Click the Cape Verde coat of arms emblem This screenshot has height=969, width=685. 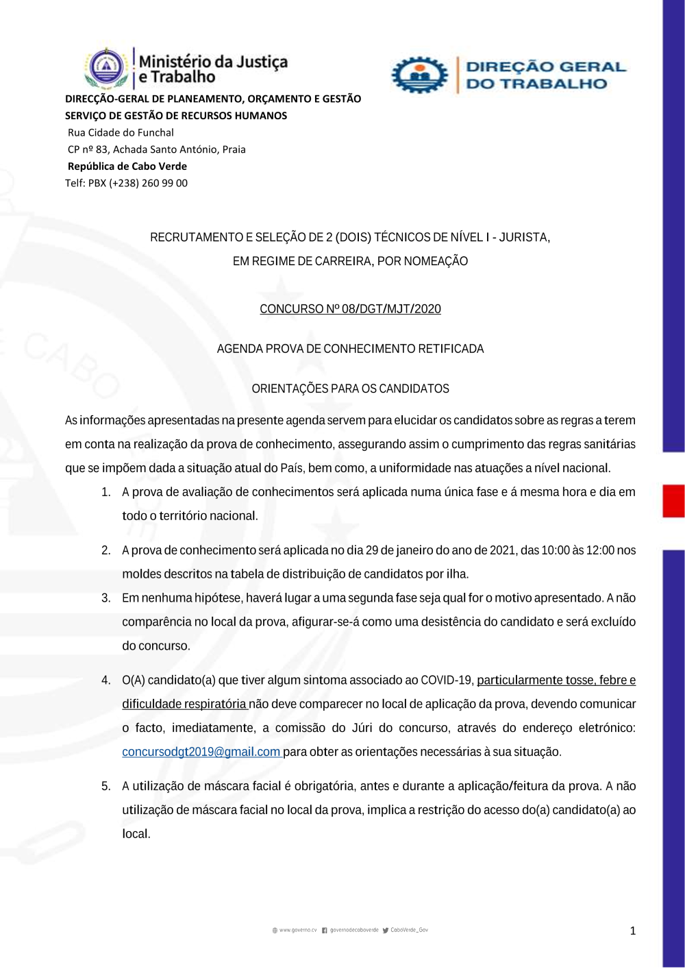106,68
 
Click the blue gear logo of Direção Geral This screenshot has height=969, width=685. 419,75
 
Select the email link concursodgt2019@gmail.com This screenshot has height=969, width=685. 201,752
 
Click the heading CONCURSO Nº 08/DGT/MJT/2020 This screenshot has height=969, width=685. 350,309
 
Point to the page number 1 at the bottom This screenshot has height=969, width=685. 632,931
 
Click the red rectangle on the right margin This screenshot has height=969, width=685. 673,500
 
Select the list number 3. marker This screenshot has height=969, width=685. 106,598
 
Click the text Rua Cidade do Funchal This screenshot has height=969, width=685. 121,132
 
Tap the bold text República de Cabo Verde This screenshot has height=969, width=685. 127,166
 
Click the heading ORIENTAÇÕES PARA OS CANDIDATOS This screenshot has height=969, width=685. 350,389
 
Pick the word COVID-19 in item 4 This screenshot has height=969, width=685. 447,680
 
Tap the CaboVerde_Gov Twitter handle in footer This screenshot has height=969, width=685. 409,930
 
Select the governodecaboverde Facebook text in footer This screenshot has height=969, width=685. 354,930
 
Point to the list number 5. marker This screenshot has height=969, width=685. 106,786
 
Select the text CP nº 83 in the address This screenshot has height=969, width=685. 88,149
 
